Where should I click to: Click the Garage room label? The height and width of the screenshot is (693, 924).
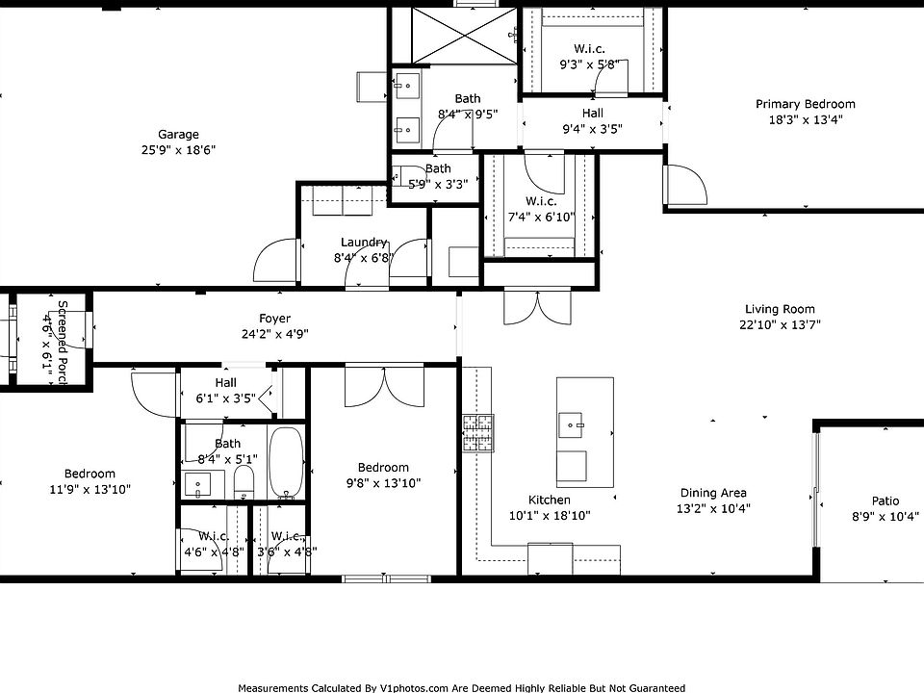click(x=179, y=135)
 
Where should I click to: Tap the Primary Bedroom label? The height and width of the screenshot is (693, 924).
click(x=805, y=105)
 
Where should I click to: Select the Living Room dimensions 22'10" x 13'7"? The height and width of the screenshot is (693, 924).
click(x=779, y=325)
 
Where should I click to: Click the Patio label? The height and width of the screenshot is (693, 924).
click(x=885, y=501)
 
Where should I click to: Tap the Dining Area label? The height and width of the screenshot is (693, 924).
click(x=713, y=494)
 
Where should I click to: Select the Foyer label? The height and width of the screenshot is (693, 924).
click(x=274, y=319)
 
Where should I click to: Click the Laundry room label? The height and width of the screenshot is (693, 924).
click(x=364, y=243)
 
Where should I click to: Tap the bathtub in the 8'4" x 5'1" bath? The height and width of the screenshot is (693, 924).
click(x=286, y=462)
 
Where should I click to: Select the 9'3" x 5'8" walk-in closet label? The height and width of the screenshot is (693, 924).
click(x=590, y=48)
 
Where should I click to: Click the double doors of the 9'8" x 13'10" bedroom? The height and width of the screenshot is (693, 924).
click(x=383, y=385)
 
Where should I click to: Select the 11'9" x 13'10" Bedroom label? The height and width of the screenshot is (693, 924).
click(x=90, y=474)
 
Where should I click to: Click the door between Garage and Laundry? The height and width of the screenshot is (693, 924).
click(x=275, y=260)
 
